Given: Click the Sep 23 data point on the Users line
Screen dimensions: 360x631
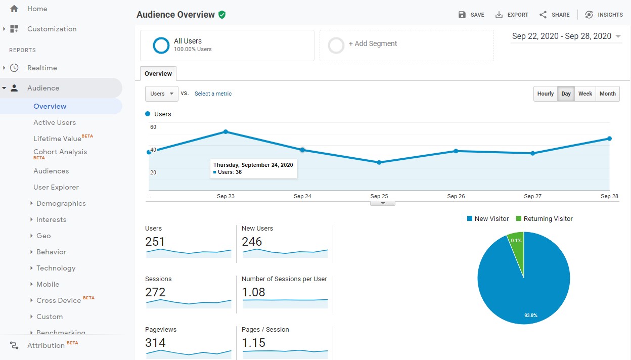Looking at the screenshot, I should click(x=226, y=132).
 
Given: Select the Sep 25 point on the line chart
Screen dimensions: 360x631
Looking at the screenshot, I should click(x=379, y=162).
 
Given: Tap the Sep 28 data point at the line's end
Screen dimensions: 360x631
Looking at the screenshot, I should click(x=609, y=139).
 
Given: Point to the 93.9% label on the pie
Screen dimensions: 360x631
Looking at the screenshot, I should click(x=530, y=316).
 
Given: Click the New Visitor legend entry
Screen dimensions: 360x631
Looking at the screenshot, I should click(x=488, y=219).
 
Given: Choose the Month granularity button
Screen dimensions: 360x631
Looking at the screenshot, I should click(x=607, y=94).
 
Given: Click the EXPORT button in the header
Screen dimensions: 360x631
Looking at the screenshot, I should click(x=512, y=15).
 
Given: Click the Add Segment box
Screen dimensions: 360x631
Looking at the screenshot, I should click(x=407, y=46).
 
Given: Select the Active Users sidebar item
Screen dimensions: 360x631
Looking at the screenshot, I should click(x=55, y=122).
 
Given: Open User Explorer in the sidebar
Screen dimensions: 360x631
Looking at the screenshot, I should click(x=56, y=187).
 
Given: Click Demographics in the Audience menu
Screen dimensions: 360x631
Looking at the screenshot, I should click(x=61, y=203).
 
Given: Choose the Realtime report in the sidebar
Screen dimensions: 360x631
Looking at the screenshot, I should click(x=42, y=68).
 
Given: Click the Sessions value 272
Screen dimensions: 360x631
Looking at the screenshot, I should click(x=155, y=292).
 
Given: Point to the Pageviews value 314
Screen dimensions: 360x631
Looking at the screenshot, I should click(x=155, y=343).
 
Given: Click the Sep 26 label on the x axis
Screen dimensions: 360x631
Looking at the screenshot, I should click(x=456, y=196).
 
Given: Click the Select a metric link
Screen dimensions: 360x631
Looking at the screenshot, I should click(x=213, y=94).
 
